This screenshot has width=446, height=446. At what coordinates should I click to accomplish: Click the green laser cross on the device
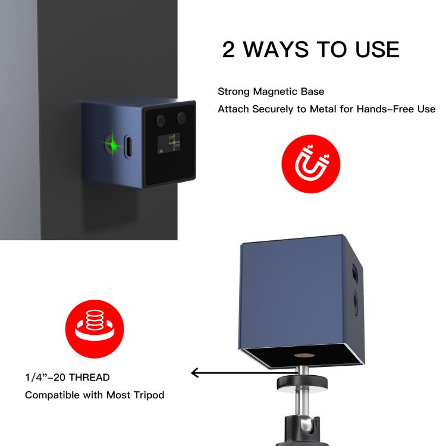pos(112,145)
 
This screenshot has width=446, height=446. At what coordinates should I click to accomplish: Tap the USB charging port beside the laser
pos(128,146)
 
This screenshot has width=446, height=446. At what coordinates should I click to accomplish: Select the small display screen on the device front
pos(169,143)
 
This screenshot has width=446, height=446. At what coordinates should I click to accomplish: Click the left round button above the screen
pos(161,120)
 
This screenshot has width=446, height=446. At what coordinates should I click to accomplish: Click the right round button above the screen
pos(181,118)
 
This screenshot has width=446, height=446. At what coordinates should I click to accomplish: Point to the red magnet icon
pos(310,164)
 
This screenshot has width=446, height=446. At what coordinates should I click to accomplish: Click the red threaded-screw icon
pos(95,329)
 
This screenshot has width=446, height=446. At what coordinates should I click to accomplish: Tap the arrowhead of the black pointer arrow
pos(195,373)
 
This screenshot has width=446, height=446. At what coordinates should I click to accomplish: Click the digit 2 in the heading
pos(228,50)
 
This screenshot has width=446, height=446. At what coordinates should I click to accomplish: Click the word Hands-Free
pos(385,109)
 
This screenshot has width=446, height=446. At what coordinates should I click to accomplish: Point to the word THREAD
pos(89,378)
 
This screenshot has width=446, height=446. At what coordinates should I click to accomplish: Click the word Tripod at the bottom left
pos(149,395)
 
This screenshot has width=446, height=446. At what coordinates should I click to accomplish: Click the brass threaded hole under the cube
pos(302,356)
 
